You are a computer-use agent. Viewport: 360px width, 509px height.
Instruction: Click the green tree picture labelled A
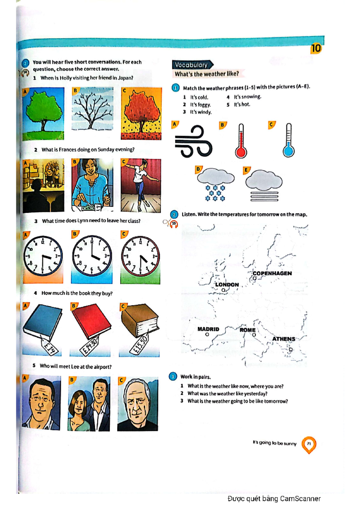pos(43,114)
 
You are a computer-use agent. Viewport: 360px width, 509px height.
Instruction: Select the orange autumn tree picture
pos(141,114)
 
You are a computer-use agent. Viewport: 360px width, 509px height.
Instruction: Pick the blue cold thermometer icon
pos(288,141)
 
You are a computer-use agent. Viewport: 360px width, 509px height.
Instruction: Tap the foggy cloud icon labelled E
pos(264,184)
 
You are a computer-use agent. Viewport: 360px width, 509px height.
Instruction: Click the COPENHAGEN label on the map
pos(272,273)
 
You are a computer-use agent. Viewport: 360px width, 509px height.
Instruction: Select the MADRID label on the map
pos(208,329)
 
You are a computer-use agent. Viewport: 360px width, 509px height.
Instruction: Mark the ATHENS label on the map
pos(283,339)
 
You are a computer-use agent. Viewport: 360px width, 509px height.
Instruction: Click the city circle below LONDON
pos(223,290)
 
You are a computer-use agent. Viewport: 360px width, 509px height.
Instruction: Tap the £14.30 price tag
pos(89,347)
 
